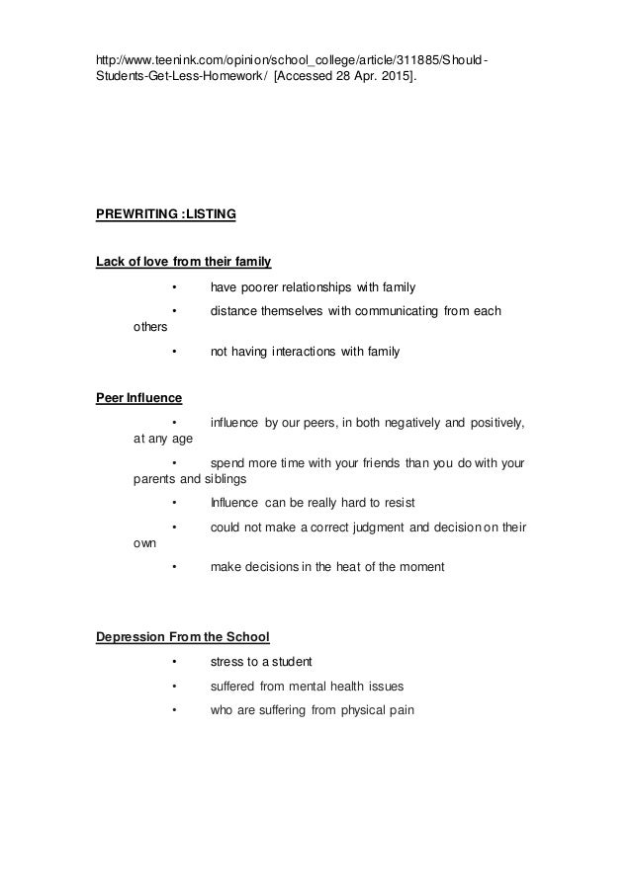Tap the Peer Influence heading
138,399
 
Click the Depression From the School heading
182,635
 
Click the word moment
420,567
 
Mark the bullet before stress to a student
173,661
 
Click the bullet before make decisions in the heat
173,567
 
